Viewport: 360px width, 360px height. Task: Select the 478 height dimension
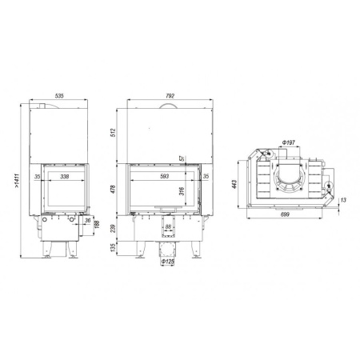coord(115,189)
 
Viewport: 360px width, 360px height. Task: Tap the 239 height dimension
coord(115,230)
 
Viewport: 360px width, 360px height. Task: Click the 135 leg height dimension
coord(115,250)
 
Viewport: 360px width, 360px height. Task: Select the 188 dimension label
coord(97,230)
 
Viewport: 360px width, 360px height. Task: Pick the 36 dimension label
coord(88,222)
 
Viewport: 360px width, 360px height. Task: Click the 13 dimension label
coord(342,200)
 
